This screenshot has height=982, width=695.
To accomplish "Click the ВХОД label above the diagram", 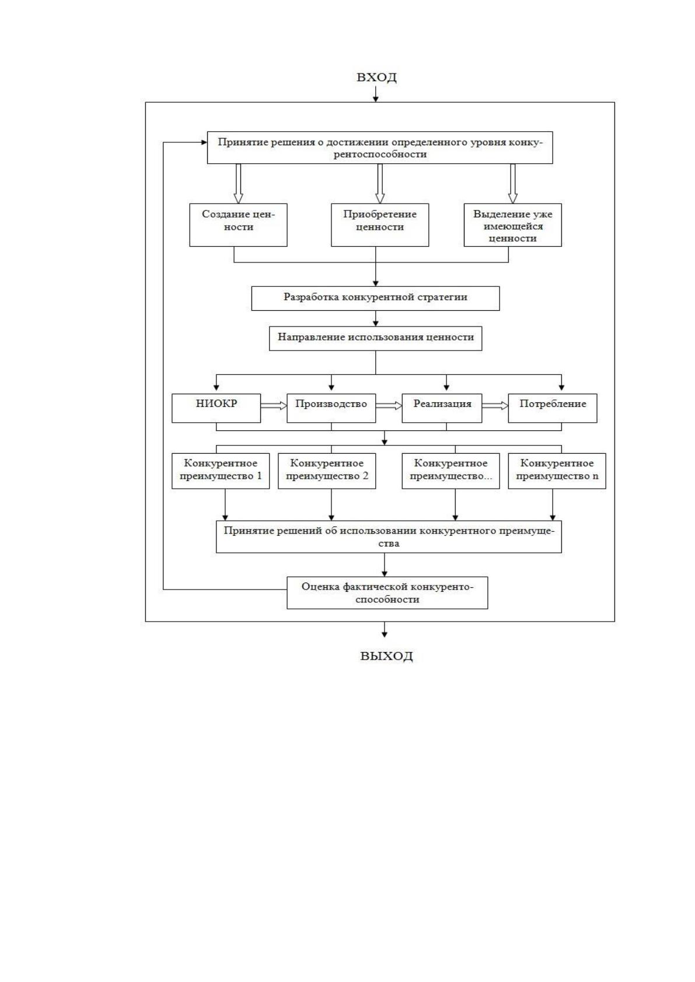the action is coord(376,77).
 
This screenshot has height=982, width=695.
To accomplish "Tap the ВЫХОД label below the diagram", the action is coord(386,656).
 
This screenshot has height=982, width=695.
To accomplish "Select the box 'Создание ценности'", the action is coord(238,225).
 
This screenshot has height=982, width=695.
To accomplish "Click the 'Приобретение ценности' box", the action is coord(380,225).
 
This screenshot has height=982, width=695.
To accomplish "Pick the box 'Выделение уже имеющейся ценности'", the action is coord(512,225).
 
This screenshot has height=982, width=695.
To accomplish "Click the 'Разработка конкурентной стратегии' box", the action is coord(375,299).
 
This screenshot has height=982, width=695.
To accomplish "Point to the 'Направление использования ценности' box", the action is coord(376,338).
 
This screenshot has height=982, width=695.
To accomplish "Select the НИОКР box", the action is coord(216,408).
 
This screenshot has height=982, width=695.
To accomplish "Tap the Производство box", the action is coord(331,408).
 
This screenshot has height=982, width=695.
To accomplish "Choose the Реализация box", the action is coord(442,408).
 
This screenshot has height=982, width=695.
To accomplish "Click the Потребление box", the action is coord(553,408).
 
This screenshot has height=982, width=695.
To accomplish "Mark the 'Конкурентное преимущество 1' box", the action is coord(221,471).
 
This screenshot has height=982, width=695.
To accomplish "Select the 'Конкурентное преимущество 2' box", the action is coord(327,471).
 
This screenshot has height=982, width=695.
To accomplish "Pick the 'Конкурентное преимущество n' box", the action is coord(557,471).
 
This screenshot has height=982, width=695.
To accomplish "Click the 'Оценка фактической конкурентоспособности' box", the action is coord(387,592).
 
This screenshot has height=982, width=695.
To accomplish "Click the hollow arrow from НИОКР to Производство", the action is coord(274,406).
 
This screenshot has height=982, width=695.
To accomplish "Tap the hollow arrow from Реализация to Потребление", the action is coord(495,406).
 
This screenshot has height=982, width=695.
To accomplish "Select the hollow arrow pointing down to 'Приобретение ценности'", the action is coord(380,184).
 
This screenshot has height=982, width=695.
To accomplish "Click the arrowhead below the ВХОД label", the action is coord(376,99).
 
